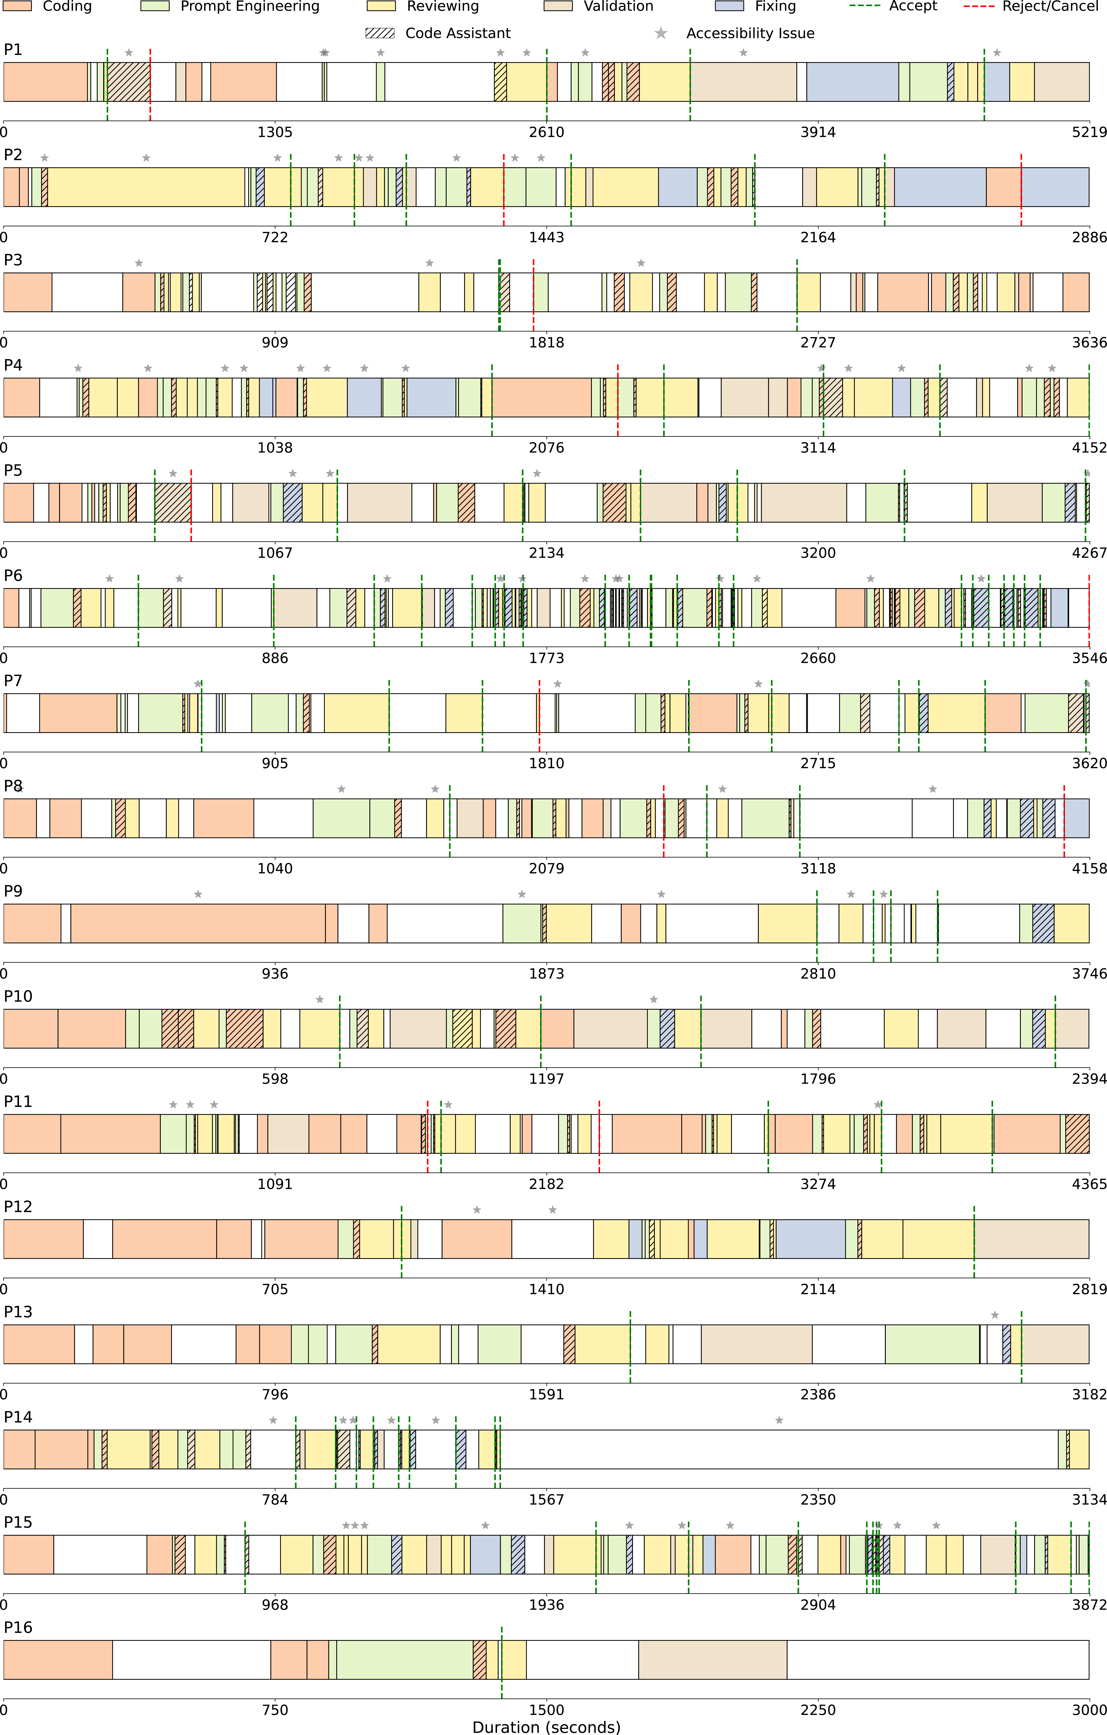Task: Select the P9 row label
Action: [x=13, y=891]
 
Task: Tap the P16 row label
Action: [x=18, y=1628]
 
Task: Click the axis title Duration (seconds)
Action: [x=546, y=1727]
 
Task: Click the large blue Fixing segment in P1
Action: [x=852, y=82]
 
